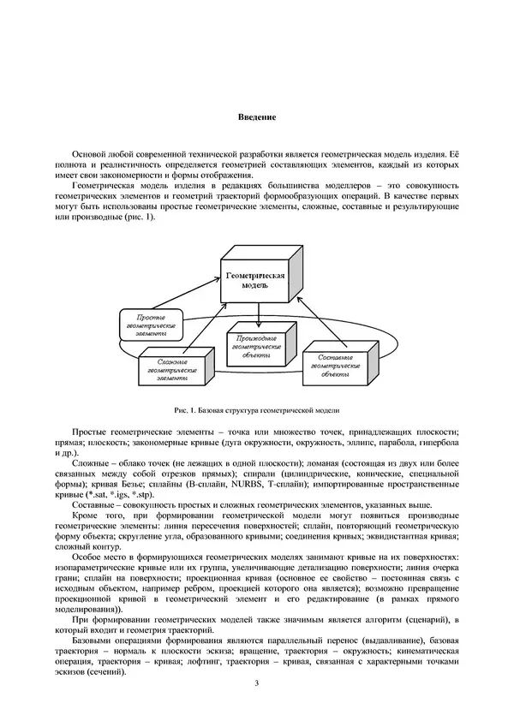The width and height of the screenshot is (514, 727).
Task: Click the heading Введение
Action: tap(256, 117)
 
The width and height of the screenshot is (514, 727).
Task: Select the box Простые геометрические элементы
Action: tap(150, 326)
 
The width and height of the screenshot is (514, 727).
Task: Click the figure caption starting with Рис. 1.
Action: tap(257, 410)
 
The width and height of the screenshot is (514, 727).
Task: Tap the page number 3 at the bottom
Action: tap(256, 683)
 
